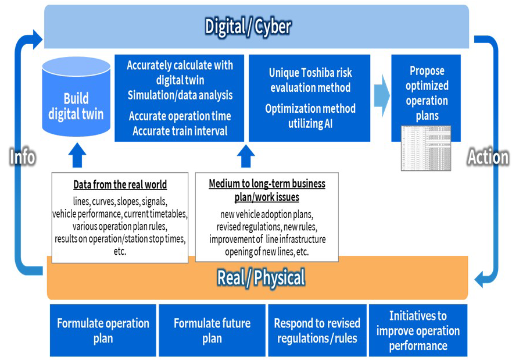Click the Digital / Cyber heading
click(x=248, y=26)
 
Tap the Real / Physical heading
click(x=261, y=277)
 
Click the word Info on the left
click(x=23, y=156)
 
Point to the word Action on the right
click(x=488, y=156)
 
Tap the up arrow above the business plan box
click(x=246, y=156)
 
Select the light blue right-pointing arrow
click(x=381, y=96)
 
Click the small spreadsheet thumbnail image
click(x=425, y=148)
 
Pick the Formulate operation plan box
click(x=103, y=330)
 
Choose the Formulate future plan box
click(x=212, y=330)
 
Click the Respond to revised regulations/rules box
click(x=317, y=330)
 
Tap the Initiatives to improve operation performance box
click(x=418, y=330)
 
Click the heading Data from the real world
click(x=120, y=185)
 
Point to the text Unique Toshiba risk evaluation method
click(x=310, y=80)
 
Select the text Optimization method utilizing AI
click(x=310, y=116)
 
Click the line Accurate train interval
click(x=180, y=131)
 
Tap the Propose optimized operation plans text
click(x=427, y=93)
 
